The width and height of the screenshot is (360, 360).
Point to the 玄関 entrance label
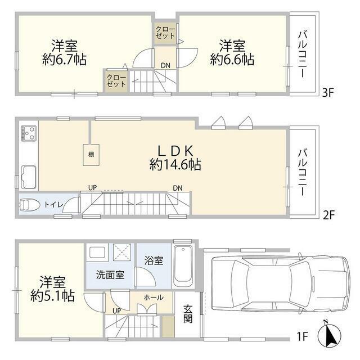click(188, 319)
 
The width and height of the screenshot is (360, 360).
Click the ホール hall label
click(154, 297)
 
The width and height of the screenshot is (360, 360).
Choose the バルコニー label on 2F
click(302, 172)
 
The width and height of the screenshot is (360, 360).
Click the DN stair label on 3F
click(165, 65)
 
